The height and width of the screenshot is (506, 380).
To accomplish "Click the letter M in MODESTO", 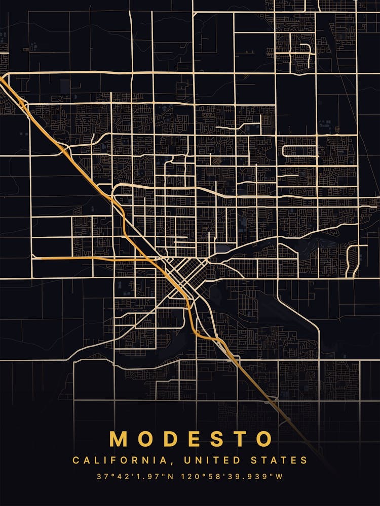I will point(120,439).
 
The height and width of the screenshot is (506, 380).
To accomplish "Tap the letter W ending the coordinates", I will point(279,477).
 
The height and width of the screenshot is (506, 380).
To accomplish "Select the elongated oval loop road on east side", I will point(299,150).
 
